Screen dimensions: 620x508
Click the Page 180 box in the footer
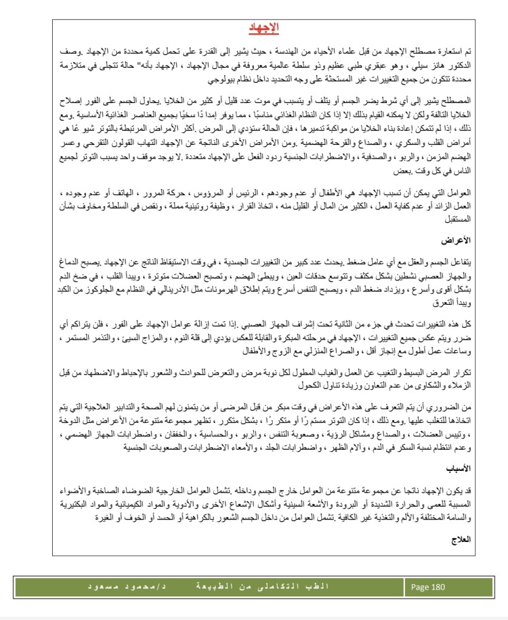[x=428, y=587]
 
